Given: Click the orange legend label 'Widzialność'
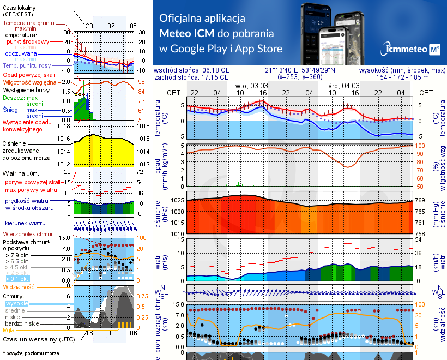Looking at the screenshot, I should click(19, 286).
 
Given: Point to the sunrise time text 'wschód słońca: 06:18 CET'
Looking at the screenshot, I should click(194, 70).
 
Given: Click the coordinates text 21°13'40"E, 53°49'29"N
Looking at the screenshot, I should click(300, 70).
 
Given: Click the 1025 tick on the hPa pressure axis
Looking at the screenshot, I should click(178, 201).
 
